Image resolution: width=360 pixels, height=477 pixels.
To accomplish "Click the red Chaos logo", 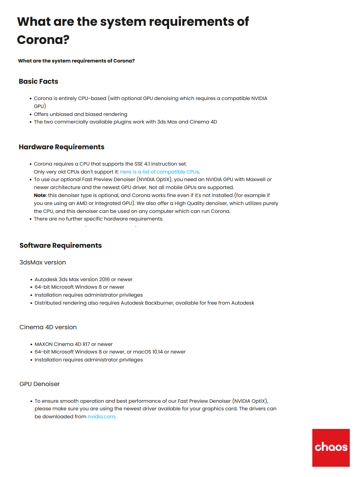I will [x=331, y=447].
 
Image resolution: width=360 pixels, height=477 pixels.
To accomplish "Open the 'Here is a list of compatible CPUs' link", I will [x=159, y=172].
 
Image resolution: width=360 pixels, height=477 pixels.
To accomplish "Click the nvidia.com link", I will [x=101, y=416].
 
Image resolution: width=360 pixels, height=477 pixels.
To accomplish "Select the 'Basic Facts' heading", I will [x=38, y=81].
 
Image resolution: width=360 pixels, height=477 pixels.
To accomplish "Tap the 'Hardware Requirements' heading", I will [x=61, y=147].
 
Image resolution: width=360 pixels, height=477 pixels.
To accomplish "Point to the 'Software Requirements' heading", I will [x=61, y=246].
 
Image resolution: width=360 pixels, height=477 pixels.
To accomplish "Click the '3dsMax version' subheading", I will [x=42, y=262].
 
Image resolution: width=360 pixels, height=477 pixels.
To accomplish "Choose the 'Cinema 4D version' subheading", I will [x=48, y=327].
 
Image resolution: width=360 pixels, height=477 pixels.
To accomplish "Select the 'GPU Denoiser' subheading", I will [x=40, y=384].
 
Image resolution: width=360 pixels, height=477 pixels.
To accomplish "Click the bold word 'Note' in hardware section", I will [x=40, y=195].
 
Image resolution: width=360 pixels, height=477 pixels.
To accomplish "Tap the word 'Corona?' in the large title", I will [x=43, y=39].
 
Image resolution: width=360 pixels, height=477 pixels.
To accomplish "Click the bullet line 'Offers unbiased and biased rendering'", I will [x=80, y=114].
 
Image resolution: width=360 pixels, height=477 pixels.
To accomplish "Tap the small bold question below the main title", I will [x=76, y=61].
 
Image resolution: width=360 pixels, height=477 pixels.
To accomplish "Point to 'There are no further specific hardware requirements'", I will [x=98, y=219].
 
